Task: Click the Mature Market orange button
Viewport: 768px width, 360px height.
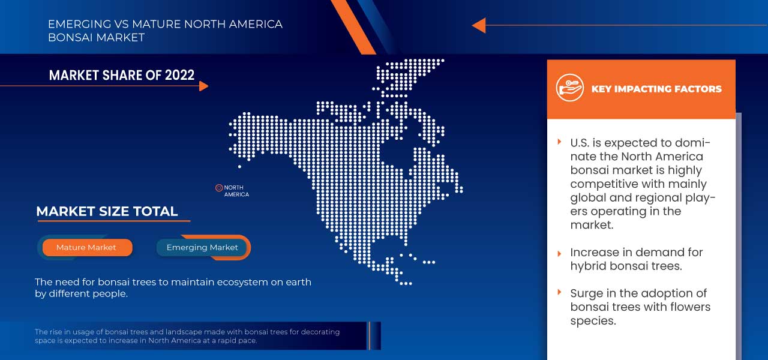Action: (x=87, y=248)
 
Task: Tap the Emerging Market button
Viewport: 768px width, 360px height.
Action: (x=202, y=248)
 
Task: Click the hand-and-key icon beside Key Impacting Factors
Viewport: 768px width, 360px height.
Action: (x=569, y=88)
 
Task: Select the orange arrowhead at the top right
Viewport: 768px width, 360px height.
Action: (x=479, y=25)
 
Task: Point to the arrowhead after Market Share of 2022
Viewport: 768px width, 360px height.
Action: (x=203, y=86)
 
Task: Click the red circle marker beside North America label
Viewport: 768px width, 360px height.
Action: (x=219, y=188)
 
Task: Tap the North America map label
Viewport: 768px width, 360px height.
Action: (x=236, y=191)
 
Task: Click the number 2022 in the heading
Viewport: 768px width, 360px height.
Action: (x=179, y=75)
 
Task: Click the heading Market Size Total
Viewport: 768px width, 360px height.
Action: (x=107, y=211)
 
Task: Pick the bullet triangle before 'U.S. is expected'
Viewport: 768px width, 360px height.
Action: (x=559, y=142)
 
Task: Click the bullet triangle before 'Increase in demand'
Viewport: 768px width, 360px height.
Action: (x=559, y=254)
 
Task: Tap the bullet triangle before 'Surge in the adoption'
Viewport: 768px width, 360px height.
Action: (x=559, y=292)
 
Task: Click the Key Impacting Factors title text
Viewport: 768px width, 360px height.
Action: (x=656, y=89)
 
